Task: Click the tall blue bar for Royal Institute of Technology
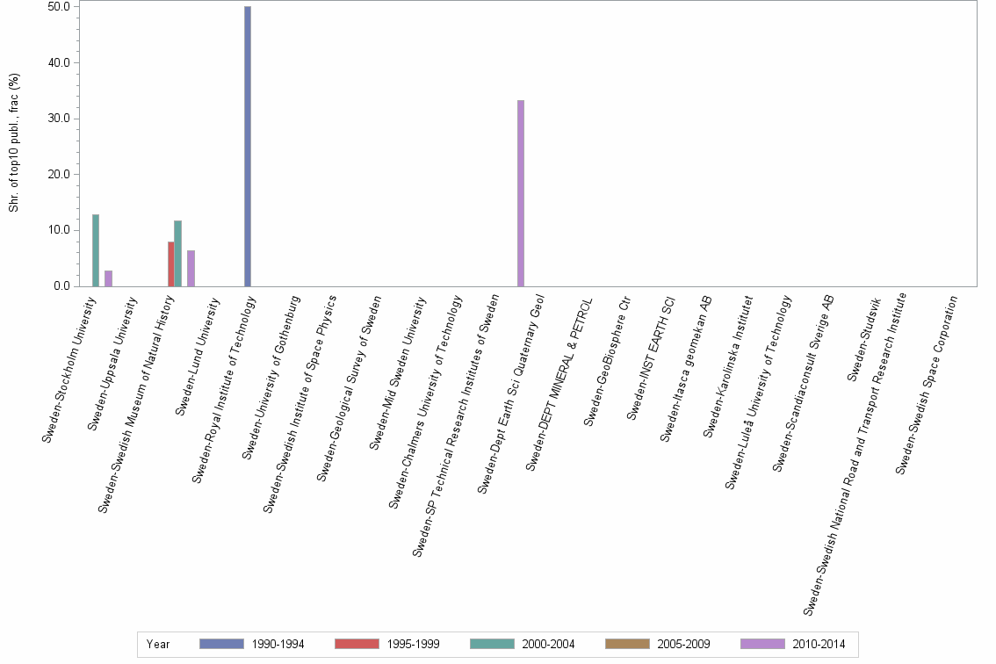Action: tap(248, 146)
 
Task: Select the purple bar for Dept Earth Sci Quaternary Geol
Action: tap(521, 193)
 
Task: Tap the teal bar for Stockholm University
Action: tap(96, 250)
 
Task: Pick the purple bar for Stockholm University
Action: tap(109, 278)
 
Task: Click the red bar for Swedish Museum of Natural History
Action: tap(171, 263)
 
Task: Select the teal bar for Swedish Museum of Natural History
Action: tap(177, 253)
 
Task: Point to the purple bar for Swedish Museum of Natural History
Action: tap(191, 268)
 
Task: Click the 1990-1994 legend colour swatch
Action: tap(221, 644)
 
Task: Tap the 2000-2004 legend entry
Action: tap(523, 644)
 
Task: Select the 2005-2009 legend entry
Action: tap(658, 644)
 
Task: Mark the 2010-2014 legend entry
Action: tap(793, 644)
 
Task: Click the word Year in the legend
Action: tap(158, 644)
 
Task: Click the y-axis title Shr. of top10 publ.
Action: tap(14, 143)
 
